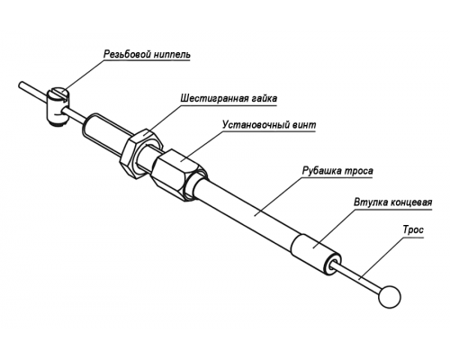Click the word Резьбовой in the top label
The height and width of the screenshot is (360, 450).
128,55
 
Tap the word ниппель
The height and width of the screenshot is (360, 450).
173,55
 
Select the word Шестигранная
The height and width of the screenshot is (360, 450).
215,98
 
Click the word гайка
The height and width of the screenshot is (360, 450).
264,98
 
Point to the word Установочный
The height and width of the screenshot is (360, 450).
256,124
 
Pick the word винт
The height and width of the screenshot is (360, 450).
303,124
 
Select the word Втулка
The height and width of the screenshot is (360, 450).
371,202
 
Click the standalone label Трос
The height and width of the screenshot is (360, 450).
413,230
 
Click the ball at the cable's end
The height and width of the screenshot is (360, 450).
390,296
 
